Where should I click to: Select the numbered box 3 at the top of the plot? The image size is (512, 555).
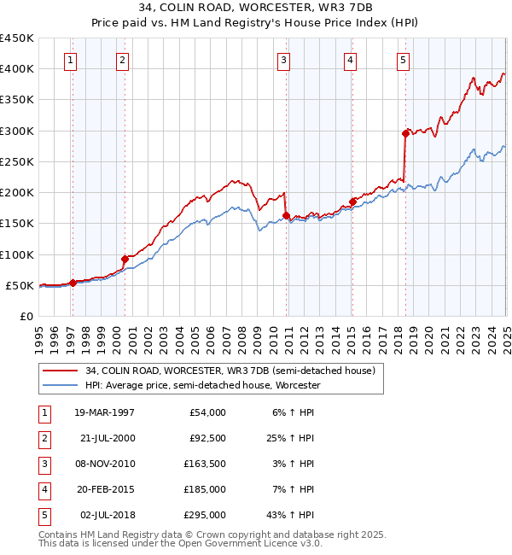tap(283, 60)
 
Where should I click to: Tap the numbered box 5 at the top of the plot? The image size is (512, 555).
tap(402, 60)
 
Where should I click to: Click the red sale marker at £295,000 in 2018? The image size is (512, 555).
tap(405, 133)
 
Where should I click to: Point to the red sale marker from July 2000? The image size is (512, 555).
tap(125, 259)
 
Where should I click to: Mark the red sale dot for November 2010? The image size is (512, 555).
tap(286, 215)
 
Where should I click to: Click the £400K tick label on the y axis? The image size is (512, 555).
tap(17, 69)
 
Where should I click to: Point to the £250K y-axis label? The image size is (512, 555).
tap(17, 161)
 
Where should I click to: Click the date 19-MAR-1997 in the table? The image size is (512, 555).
tap(104, 412)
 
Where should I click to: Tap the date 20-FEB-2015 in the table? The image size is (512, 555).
tap(104, 489)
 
